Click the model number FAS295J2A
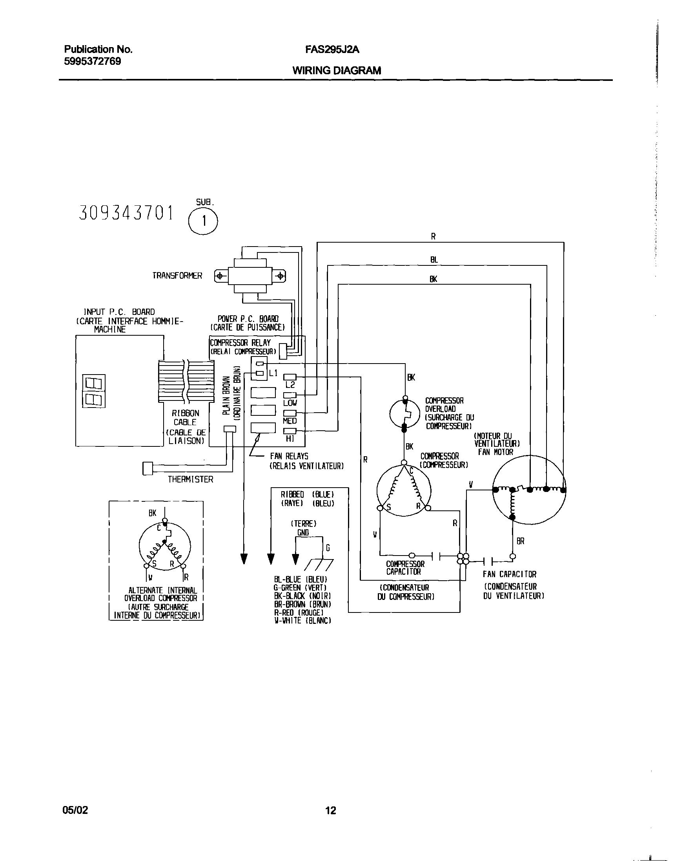[x=332, y=50]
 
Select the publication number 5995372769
[x=92, y=62]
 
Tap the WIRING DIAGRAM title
[x=337, y=71]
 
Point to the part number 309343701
[x=126, y=213]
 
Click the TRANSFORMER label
[x=177, y=276]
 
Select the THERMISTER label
[x=191, y=479]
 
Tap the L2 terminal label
[x=290, y=385]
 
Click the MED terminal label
[x=290, y=421]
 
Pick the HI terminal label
[x=290, y=439]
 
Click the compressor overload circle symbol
[x=404, y=414]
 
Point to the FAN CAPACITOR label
[x=510, y=574]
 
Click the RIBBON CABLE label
[x=186, y=417]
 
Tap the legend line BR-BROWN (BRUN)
[x=302, y=604]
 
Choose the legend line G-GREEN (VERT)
[x=300, y=588]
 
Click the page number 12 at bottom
[x=331, y=810]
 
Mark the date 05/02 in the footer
[x=75, y=810]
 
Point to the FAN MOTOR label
[x=495, y=452]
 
